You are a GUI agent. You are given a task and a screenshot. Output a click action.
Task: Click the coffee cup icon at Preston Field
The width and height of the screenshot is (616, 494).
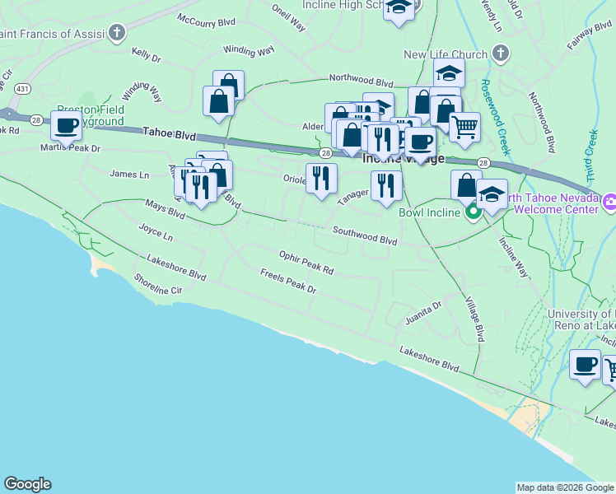tap(66, 125)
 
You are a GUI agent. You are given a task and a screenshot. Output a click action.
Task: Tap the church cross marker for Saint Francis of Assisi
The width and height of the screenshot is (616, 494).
tap(118, 33)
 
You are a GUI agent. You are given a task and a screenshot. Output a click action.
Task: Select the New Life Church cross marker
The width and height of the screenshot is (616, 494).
tap(499, 55)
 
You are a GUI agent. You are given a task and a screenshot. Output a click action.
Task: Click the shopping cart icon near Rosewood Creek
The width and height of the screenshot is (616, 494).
tap(464, 126)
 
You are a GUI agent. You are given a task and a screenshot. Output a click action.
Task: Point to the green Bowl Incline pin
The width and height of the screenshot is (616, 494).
tap(474, 212)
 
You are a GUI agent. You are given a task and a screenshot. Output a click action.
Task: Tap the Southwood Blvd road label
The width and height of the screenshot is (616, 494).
tap(365, 236)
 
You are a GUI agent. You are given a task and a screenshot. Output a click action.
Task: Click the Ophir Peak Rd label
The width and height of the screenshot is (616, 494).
tap(306, 263)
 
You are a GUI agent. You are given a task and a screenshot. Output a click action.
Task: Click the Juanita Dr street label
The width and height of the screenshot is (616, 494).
tap(423, 310)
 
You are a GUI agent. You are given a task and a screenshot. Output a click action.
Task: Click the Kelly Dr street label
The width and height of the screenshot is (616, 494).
tap(146, 54)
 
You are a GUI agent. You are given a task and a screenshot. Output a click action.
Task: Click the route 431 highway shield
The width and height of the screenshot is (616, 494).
tap(23, 88)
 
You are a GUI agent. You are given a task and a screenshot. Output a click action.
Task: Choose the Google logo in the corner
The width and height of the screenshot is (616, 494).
tap(27, 484)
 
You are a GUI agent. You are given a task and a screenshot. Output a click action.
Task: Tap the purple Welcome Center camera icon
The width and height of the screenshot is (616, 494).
tap(609, 201)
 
